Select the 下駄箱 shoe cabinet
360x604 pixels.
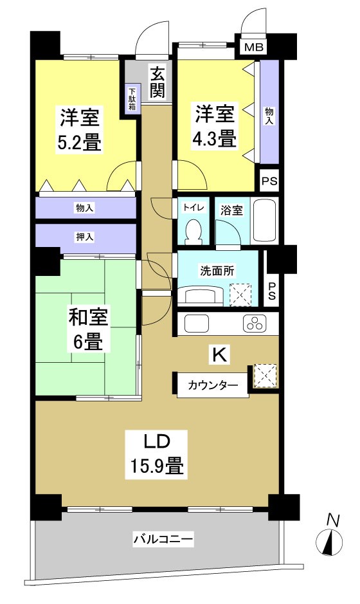coord(132,98)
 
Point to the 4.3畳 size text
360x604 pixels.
coord(214,138)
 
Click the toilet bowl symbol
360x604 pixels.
coord(192,231)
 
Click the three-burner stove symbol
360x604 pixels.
coord(255,324)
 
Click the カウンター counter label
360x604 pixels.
coord(212,386)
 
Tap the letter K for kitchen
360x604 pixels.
coord(219,354)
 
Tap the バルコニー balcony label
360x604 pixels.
coord(163,538)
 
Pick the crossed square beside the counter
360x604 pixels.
coord(265,376)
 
